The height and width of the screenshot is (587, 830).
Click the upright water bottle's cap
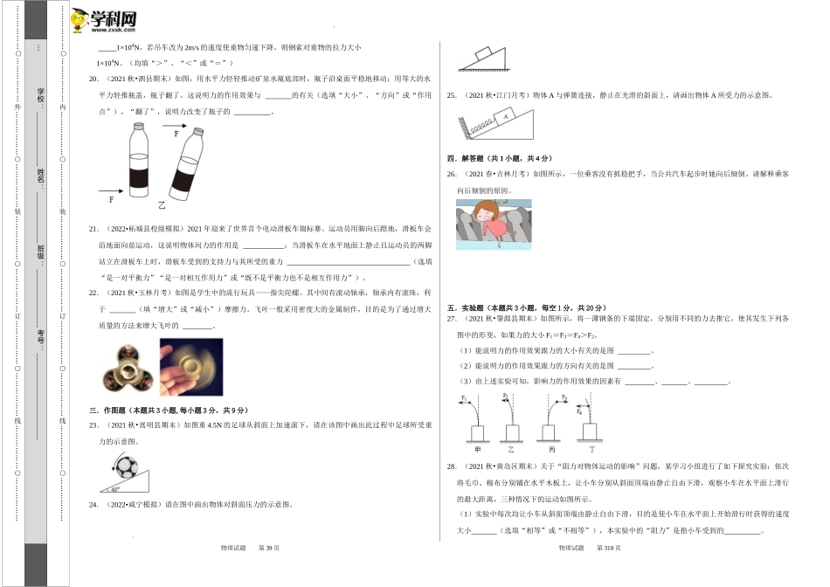[x=137, y=126]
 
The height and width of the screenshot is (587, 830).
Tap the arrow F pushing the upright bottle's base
[x=112, y=189]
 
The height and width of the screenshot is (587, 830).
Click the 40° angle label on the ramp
[x=114, y=489]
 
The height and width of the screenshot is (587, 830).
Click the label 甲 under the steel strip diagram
[x=479, y=447]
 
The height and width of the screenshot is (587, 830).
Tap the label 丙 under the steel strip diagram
[x=553, y=447]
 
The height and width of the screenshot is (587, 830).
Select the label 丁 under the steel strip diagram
[x=591, y=447]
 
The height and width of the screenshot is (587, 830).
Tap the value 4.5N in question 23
[x=211, y=425]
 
